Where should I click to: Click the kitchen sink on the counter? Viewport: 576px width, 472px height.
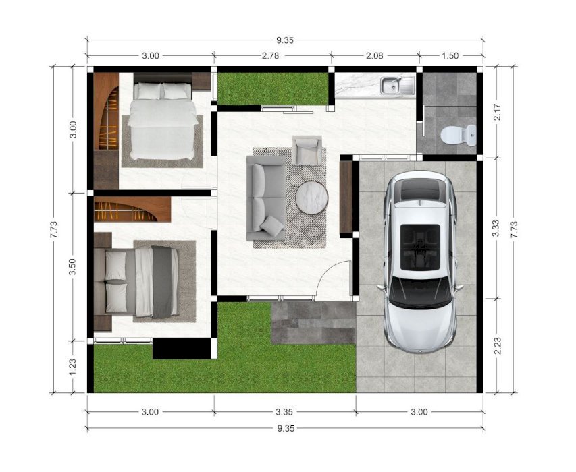click(x=397, y=85)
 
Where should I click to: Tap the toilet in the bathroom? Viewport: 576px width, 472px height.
click(x=458, y=135)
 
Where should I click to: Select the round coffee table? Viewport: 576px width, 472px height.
click(x=312, y=198)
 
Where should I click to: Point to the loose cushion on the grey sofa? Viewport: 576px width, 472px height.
click(x=271, y=225)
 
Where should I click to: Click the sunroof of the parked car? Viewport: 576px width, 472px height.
click(x=420, y=247)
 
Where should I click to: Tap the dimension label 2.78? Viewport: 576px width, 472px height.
click(x=270, y=56)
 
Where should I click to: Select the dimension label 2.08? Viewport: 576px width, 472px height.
click(x=374, y=56)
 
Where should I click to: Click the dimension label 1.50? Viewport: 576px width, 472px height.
click(x=450, y=56)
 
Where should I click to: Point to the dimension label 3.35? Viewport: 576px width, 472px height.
click(x=284, y=412)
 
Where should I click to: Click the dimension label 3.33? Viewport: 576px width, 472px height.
click(x=496, y=228)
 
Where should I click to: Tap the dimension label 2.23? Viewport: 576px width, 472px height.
click(x=498, y=346)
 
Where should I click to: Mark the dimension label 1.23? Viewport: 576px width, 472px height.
click(x=73, y=367)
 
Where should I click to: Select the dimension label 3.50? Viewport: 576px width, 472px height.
click(x=73, y=266)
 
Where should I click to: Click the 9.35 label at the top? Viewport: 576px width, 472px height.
click(x=285, y=40)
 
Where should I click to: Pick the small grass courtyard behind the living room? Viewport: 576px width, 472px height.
click(x=273, y=88)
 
